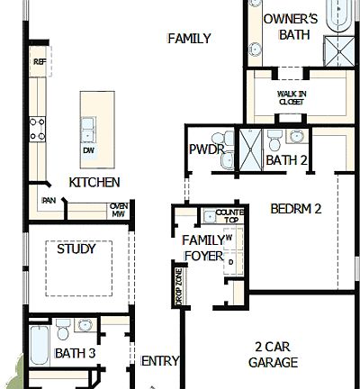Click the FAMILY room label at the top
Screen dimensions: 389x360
point(189,39)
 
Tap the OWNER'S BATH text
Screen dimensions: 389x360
point(290,27)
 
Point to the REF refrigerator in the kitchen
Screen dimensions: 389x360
point(39,62)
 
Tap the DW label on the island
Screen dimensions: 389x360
point(88,150)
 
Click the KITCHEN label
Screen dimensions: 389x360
point(94,182)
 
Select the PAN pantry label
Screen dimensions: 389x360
point(49,201)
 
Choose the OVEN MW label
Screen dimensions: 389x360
point(118,209)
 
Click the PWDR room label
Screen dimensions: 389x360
point(206,149)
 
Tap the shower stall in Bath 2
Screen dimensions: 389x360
point(249,148)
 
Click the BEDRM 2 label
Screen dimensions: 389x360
point(296,209)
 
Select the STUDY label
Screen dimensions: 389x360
point(76,249)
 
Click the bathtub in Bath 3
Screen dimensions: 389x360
point(39,345)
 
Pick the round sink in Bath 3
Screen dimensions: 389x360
point(86,326)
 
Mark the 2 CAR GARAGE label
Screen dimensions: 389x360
point(275,355)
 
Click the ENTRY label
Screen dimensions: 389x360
point(160,361)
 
